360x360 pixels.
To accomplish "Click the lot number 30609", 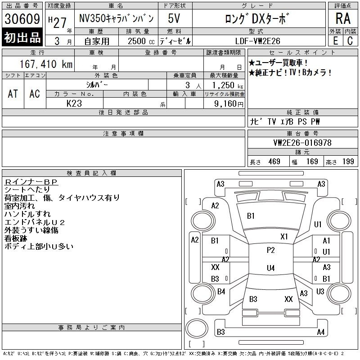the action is coord(22,19).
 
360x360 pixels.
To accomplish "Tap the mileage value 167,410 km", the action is coord(46,64).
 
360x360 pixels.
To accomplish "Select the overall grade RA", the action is coord(343,18).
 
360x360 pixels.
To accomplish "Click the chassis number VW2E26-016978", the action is coord(302,143).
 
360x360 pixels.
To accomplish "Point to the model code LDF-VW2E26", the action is coord(257,41).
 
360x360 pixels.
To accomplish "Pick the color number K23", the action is coord(74,103).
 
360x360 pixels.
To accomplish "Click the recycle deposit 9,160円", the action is coord(229,104).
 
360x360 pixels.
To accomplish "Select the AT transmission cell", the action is coord(13,94).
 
